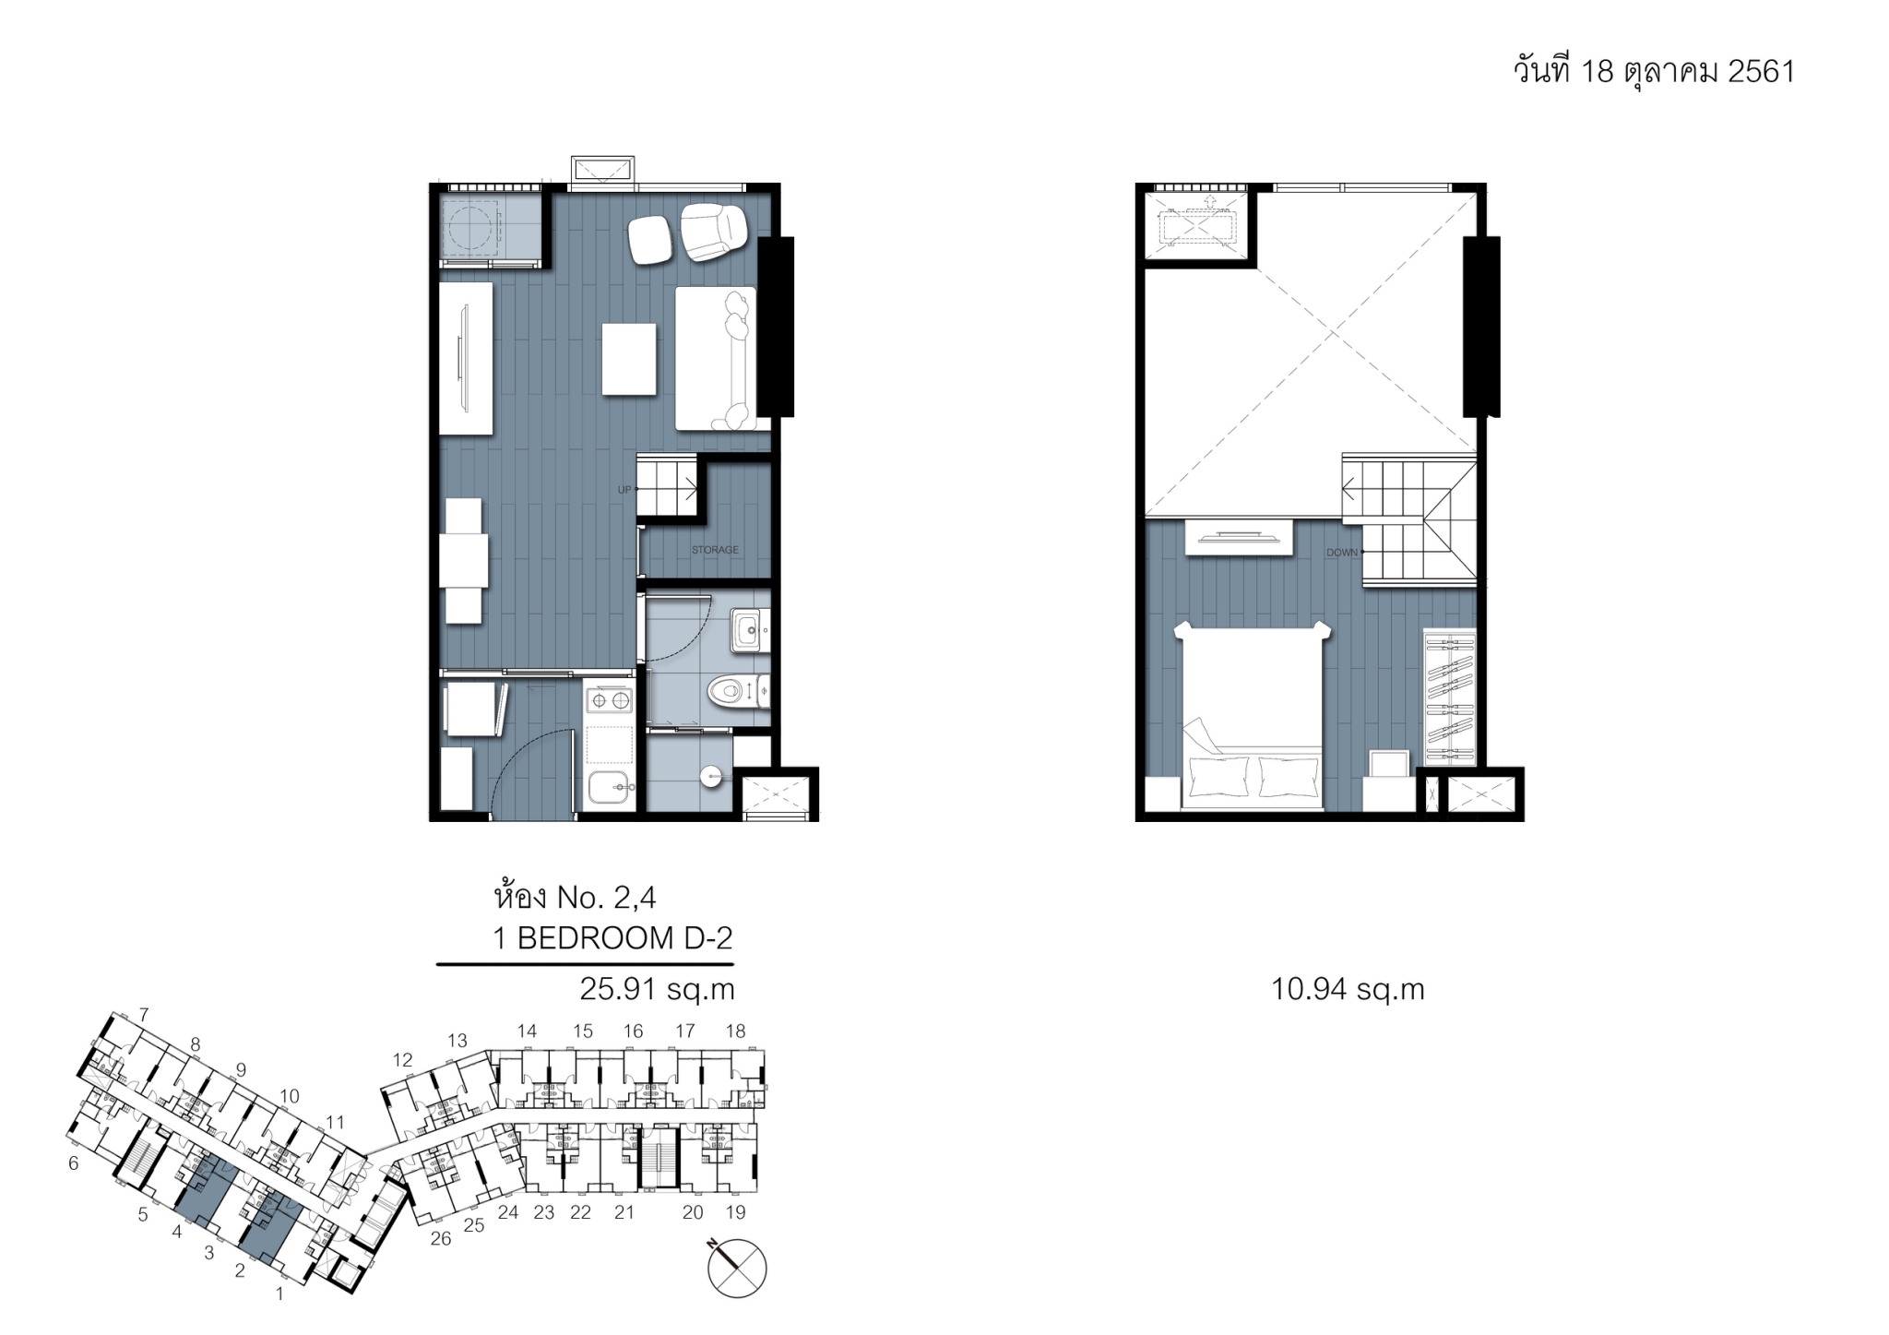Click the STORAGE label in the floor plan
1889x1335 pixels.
point(715,550)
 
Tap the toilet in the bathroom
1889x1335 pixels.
point(738,690)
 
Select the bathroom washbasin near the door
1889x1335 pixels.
point(748,630)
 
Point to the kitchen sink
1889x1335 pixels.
point(611,788)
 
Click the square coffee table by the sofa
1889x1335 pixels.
point(629,359)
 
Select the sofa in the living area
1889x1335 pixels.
point(716,358)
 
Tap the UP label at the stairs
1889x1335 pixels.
point(624,490)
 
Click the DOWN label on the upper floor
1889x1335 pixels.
point(1342,553)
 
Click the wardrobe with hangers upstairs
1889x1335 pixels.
point(1450,697)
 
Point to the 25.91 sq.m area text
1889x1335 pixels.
point(657,989)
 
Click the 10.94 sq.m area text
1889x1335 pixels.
point(1348,989)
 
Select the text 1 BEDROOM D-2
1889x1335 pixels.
point(612,938)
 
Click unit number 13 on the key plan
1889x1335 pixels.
point(457,1041)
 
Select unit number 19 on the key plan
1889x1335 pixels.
point(735,1212)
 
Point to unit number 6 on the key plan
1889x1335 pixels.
point(74,1164)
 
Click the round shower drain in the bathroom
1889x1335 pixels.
point(710,777)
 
